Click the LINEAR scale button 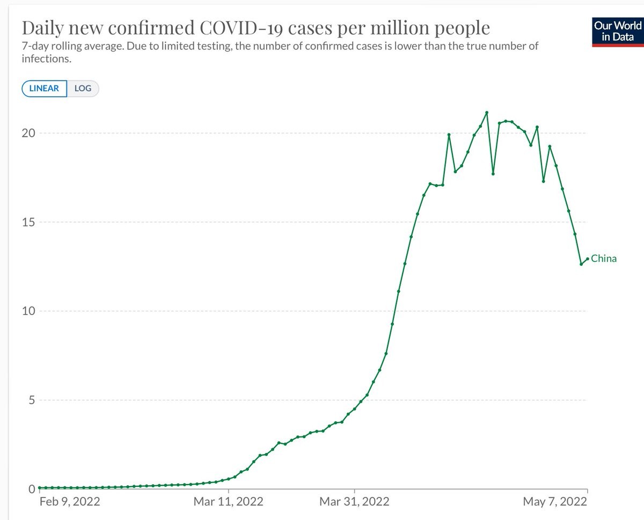click(x=44, y=88)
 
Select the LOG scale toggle click(x=83, y=88)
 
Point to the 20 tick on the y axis click(x=28, y=133)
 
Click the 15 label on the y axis click(x=28, y=222)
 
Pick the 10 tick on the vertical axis click(x=28, y=311)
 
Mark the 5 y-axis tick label click(x=31, y=400)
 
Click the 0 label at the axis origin click(x=31, y=489)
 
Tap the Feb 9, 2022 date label click(x=70, y=502)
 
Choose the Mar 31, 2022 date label click(x=354, y=502)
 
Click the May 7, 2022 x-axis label click(x=555, y=502)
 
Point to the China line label click(x=604, y=259)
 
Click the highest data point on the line click(x=487, y=113)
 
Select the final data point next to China click(x=588, y=259)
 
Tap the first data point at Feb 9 click(x=39, y=487)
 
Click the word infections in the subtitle click(x=46, y=59)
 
